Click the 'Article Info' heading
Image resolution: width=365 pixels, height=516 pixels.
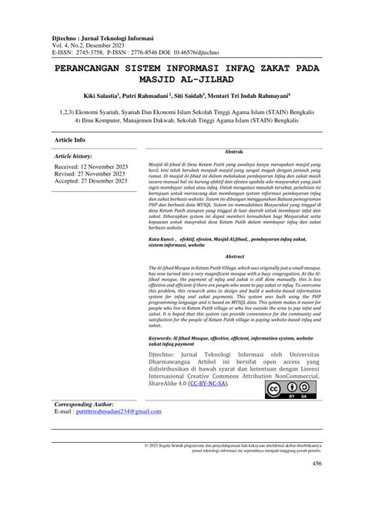point(70,140)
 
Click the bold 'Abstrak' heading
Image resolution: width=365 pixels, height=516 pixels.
point(234,152)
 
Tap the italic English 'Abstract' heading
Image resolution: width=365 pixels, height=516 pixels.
point(234,235)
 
